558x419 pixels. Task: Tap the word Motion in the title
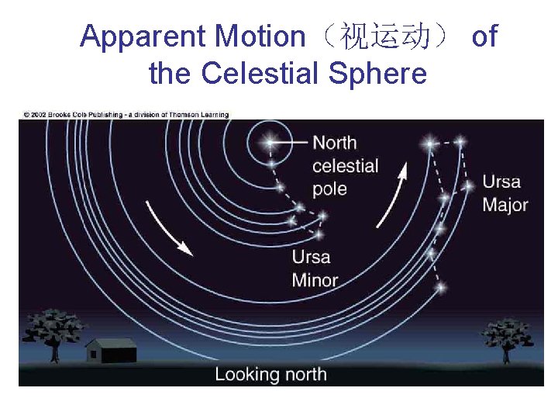[260, 36]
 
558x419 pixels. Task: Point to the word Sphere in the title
[377, 74]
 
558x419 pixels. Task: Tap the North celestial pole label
[345, 165]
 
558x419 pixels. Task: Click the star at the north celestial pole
[270, 143]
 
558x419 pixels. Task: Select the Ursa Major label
[505, 193]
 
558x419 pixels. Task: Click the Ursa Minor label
[315, 268]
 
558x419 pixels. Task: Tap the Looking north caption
[270, 374]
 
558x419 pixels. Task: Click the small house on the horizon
[111, 350]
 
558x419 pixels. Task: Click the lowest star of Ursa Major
[440, 288]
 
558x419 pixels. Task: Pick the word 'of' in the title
[484, 36]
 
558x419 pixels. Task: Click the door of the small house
[95, 355]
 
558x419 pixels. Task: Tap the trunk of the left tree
[53, 353]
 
